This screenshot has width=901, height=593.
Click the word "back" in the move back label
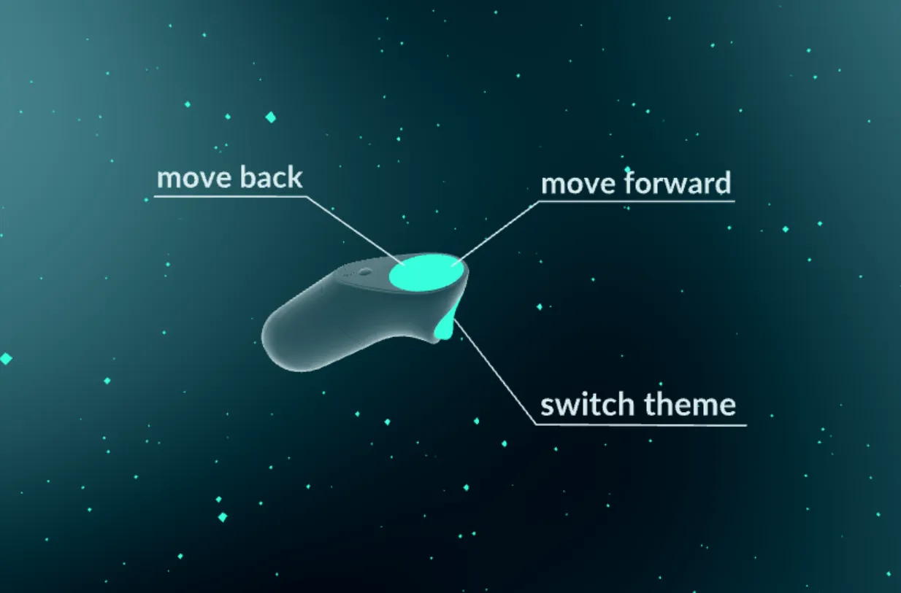[x=271, y=177]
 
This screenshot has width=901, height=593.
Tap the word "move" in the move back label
[x=194, y=179]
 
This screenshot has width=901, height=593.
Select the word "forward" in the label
[x=678, y=182]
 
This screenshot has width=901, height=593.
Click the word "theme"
[x=691, y=405]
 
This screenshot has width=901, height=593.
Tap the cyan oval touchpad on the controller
[x=426, y=272]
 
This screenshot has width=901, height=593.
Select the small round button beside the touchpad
[x=364, y=272]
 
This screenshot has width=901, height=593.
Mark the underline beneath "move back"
[x=230, y=196]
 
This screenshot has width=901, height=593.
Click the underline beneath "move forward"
[x=637, y=201]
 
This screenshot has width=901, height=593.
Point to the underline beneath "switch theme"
[x=641, y=425]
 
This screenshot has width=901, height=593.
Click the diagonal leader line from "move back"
[x=355, y=230]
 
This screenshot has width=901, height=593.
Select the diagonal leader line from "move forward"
[x=496, y=233]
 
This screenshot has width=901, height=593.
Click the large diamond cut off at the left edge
[x=6, y=358]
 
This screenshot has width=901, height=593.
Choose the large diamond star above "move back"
[x=271, y=117]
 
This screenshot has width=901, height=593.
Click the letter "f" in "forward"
[x=631, y=182]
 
